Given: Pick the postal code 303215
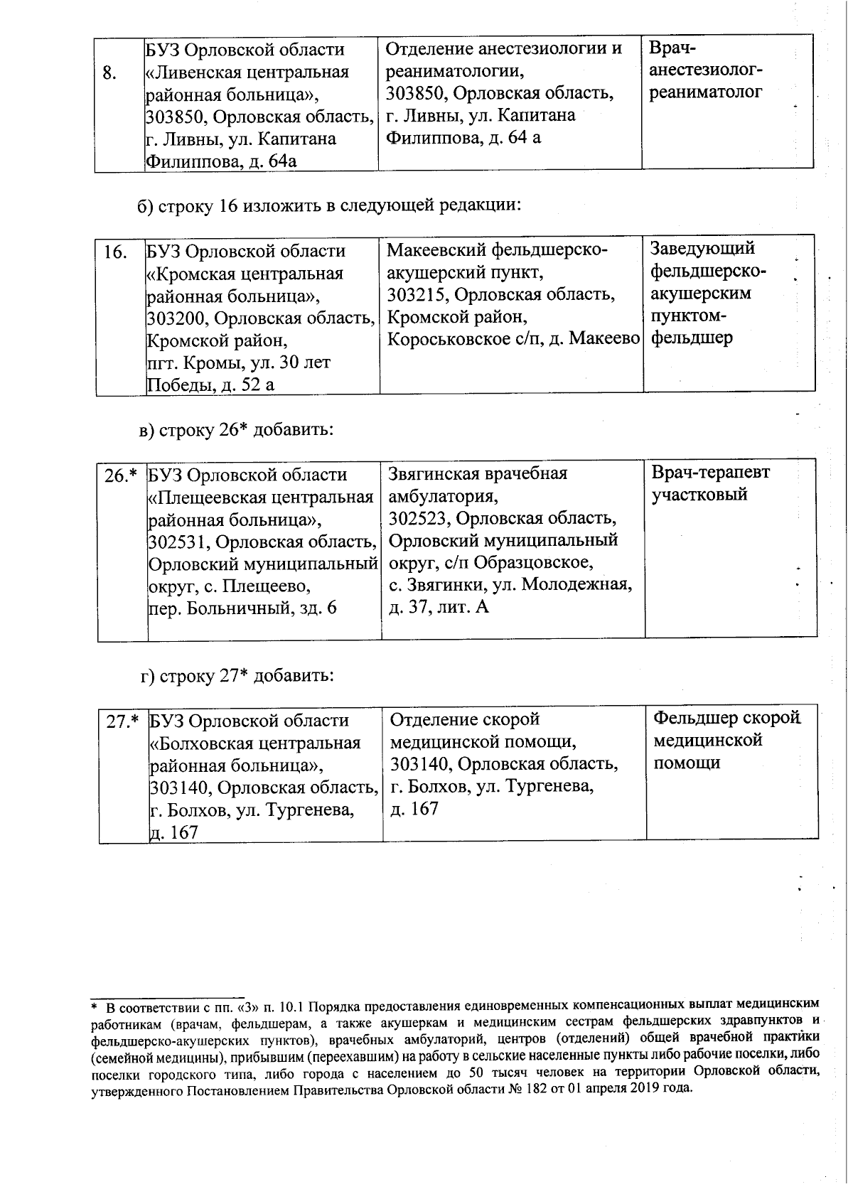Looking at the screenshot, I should coord(417,294).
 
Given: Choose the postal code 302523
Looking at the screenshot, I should coord(418,518).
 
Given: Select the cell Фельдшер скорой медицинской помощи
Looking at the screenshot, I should coord(726,741).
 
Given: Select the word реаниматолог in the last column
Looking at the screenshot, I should coord(705,92).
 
